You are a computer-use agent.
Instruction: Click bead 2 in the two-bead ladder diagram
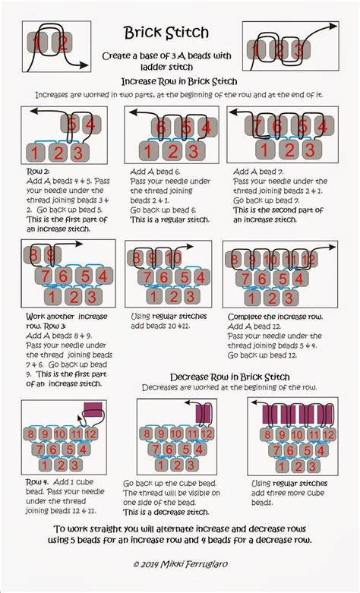tap(64, 43)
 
